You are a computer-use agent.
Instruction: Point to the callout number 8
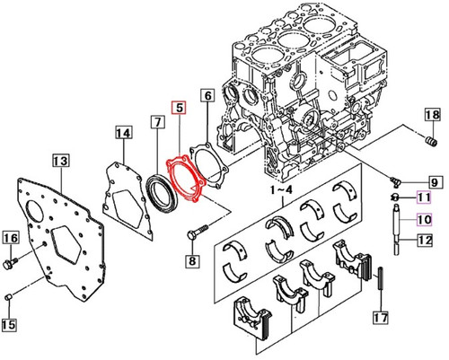pyautogui.click(x=190, y=261)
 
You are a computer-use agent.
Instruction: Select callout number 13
pyautogui.click(x=60, y=161)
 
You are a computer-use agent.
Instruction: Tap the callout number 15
pyautogui.click(x=11, y=324)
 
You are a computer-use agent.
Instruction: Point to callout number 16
pyautogui.click(x=11, y=237)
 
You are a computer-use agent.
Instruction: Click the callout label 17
pyautogui.click(x=381, y=317)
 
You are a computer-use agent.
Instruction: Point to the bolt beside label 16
pyautogui.click(x=12, y=263)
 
